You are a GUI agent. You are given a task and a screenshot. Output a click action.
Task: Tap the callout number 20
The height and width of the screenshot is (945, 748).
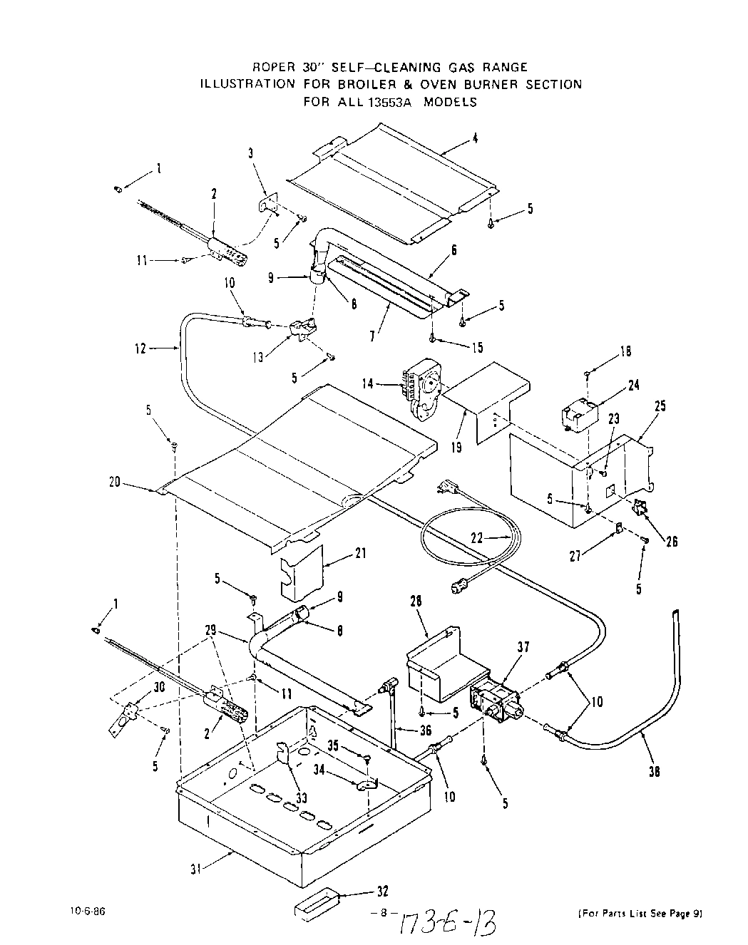pyautogui.click(x=115, y=482)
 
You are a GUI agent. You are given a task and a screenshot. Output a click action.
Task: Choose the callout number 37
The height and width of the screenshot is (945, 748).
pyautogui.click(x=524, y=646)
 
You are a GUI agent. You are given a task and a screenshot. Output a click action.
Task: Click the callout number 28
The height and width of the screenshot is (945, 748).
pyautogui.click(x=416, y=602)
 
